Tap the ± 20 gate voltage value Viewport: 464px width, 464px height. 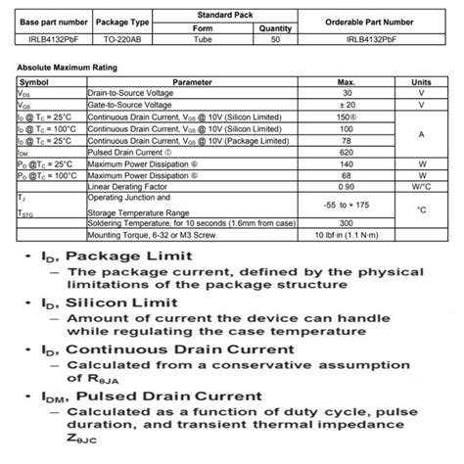point(346,105)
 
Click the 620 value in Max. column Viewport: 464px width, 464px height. point(346,152)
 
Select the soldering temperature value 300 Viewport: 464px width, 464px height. point(346,224)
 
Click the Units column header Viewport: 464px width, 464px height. point(421,82)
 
